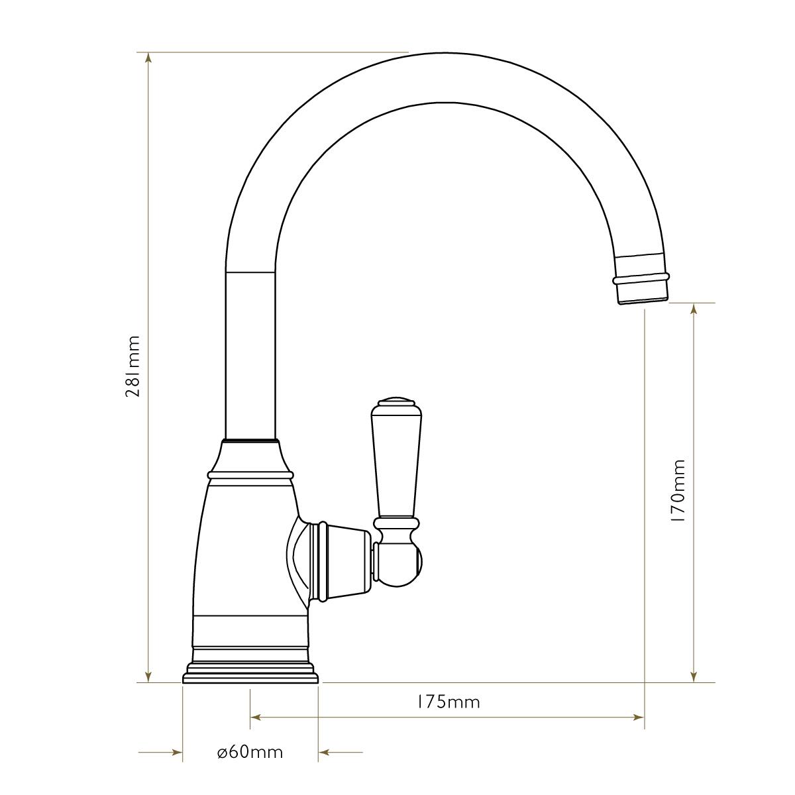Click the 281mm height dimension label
point(133,366)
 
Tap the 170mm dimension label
point(678,491)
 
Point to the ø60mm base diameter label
point(250,752)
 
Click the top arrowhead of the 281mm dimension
point(148,58)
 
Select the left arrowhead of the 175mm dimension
point(256,717)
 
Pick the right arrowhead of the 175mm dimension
point(639,717)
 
